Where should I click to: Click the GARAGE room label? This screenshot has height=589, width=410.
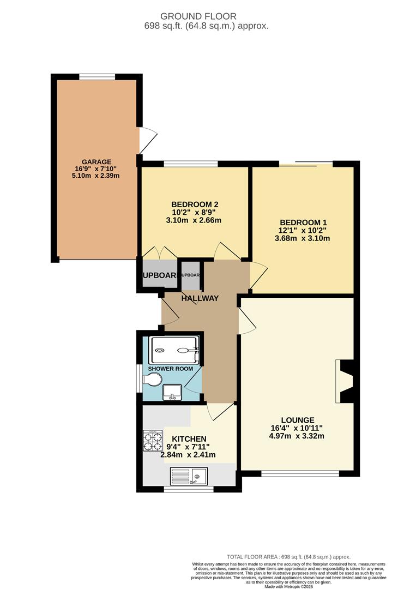tap(97, 161)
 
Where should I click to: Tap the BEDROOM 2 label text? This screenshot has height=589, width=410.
tap(195, 204)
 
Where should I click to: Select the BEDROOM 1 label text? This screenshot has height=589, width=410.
tap(304, 222)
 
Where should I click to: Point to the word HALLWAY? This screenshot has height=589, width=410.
tap(200, 298)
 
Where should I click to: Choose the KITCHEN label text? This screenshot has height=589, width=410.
tap(189, 438)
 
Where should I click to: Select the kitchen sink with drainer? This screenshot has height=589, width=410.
tap(189, 477)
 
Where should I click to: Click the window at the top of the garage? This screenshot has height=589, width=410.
tap(97, 77)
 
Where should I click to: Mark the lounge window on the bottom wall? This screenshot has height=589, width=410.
tap(300, 473)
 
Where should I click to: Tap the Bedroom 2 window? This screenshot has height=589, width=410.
tap(191, 163)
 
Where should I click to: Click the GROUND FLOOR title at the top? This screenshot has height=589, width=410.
tap(205, 16)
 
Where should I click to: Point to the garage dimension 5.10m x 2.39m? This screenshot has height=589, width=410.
tap(97, 176)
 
